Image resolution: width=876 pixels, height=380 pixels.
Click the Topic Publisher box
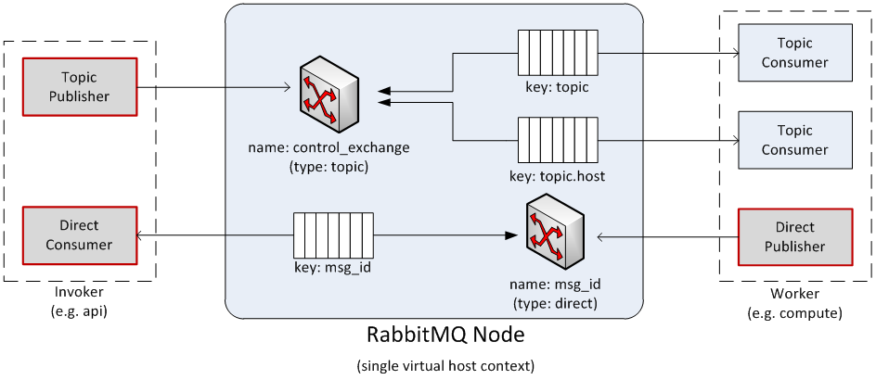tap(80, 87)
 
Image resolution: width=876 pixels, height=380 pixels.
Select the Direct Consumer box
tap(80, 235)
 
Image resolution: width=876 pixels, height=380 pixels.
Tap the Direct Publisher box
tap(794, 237)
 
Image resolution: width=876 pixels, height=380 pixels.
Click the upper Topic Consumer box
tap(794, 53)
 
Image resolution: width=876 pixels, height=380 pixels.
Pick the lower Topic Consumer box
tap(794, 140)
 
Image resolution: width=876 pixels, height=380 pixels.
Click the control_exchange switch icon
tap(329, 95)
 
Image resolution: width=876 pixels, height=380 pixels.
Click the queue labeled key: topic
tap(557, 54)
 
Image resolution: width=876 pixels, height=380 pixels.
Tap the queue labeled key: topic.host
tap(557, 140)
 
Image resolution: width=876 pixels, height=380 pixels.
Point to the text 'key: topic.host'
tap(557, 175)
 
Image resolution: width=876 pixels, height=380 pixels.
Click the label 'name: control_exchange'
tap(328, 148)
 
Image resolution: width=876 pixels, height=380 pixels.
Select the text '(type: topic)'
tap(328, 167)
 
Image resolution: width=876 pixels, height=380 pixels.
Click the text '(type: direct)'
tap(555, 303)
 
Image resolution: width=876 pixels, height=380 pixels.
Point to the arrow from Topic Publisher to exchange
tap(259, 89)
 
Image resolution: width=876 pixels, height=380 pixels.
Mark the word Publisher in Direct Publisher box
tap(794, 247)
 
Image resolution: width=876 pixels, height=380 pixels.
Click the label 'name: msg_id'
tap(555, 285)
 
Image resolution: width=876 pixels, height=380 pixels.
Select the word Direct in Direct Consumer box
tap(80, 225)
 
